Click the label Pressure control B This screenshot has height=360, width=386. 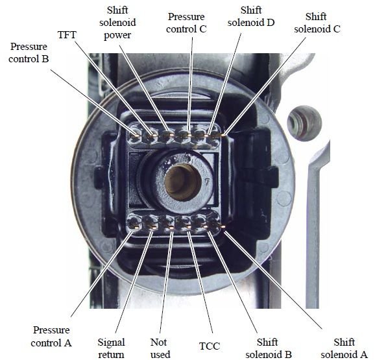[x=29, y=53]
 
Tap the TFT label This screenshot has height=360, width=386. [x=67, y=34]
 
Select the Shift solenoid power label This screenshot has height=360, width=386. [x=117, y=23]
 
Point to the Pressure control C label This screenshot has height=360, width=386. [x=186, y=23]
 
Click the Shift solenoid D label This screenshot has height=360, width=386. [x=251, y=16]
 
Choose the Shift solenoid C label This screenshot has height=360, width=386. [x=317, y=23]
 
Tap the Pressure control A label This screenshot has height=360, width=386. [x=51, y=337]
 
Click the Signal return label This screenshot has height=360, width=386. [x=111, y=348]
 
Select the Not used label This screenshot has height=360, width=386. [x=160, y=348]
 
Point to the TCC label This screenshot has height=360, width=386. [x=210, y=346]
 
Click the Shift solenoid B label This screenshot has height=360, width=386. [x=269, y=348]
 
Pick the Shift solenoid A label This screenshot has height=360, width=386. [x=344, y=348]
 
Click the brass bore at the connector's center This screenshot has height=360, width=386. [x=182, y=182]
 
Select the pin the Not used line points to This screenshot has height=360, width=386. [x=171, y=227]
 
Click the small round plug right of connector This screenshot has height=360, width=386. [x=304, y=123]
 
